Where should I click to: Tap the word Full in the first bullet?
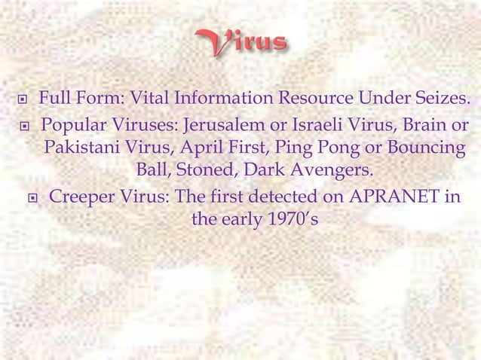[52, 98]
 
